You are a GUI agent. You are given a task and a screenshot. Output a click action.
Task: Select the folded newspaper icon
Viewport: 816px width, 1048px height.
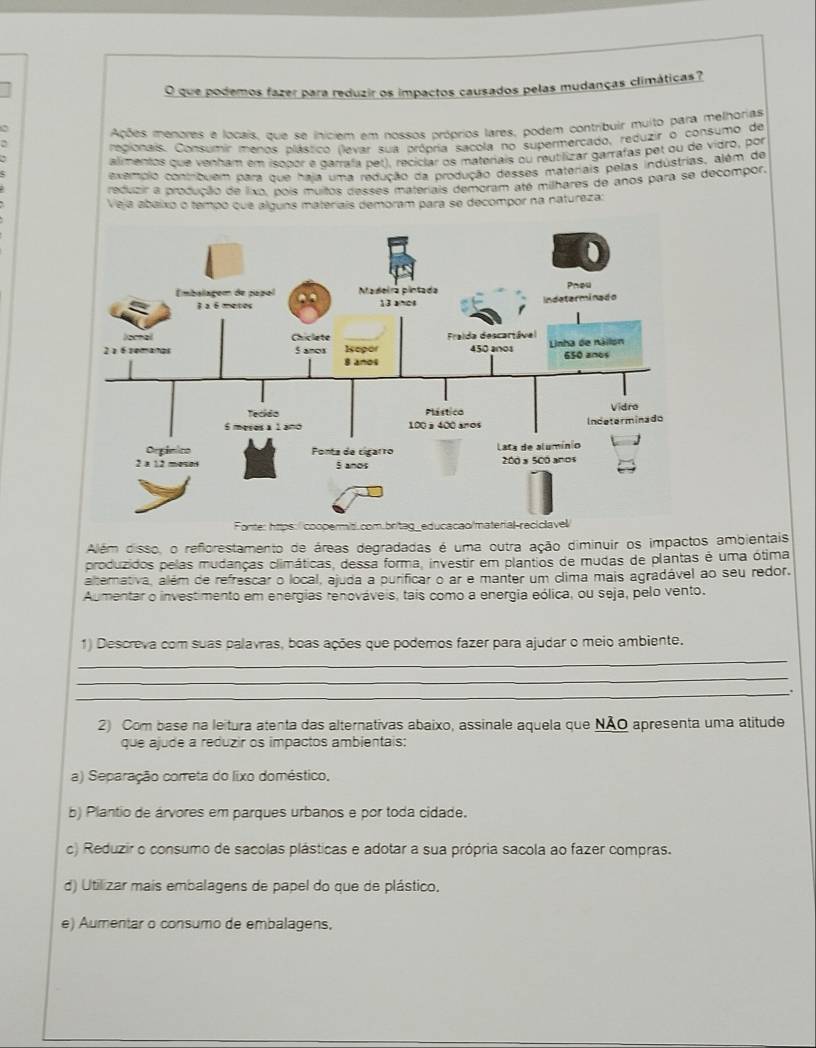(x=146, y=311)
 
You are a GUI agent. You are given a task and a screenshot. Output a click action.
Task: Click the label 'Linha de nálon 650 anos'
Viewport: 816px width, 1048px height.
(x=587, y=348)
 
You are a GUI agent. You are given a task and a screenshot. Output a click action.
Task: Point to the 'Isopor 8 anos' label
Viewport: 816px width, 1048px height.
(x=359, y=357)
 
